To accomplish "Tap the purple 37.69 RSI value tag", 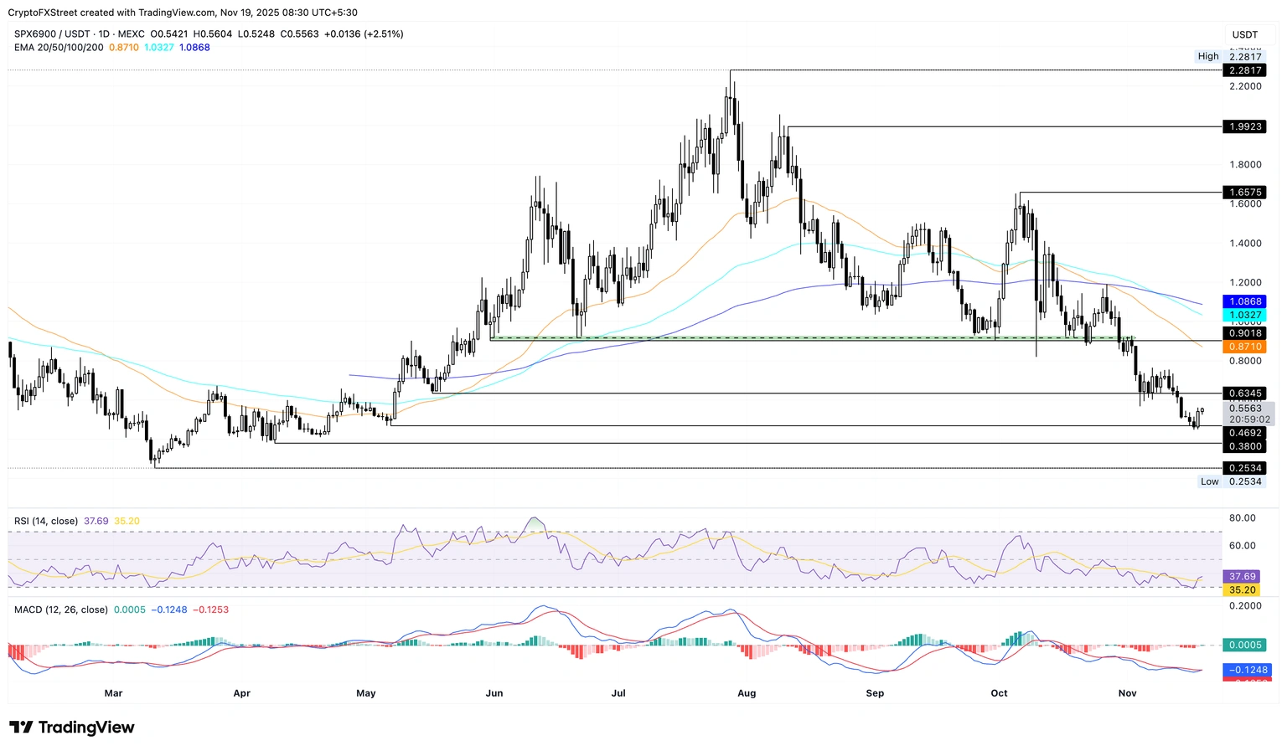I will tap(1242, 577).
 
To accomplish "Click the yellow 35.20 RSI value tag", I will tap(1242, 590).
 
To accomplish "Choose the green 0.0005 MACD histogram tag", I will tap(1245, 646).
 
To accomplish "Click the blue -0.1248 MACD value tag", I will tap(1247, 670).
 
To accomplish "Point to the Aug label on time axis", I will tap(747, 693).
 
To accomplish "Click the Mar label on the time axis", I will tap(113, 693).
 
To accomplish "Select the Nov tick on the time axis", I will tap(1128, 693).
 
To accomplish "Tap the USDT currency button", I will tap(1245, 34).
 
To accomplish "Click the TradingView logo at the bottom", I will tap(72, 727).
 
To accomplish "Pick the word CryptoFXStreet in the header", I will tap(43, 13).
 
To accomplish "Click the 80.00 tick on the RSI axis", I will tap(1242, 518).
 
